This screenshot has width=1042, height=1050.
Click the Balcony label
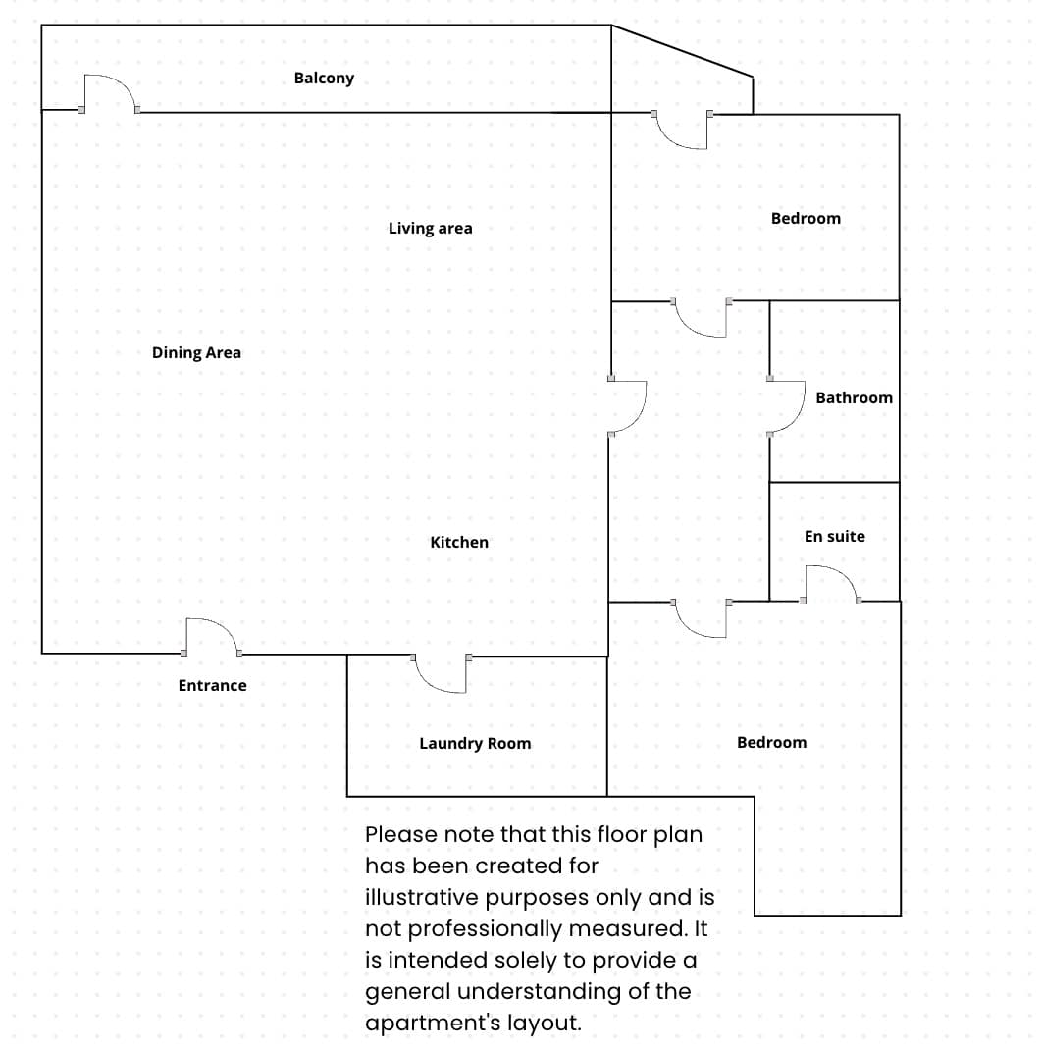(324, 78)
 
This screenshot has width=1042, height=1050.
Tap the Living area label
(430, 229)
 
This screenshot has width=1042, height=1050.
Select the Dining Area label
(196, 353)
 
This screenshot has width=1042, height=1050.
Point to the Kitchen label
(459, 542)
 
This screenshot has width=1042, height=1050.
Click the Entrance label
(212, 686)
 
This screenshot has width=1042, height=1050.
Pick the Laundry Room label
(475, 744)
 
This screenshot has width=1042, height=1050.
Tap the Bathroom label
(854, 397)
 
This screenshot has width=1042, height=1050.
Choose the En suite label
(834, 536)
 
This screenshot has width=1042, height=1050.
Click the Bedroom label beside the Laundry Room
(771, 743)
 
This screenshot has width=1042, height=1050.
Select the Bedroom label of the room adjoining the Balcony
(806, 219)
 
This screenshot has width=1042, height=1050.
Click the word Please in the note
(396, 835)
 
